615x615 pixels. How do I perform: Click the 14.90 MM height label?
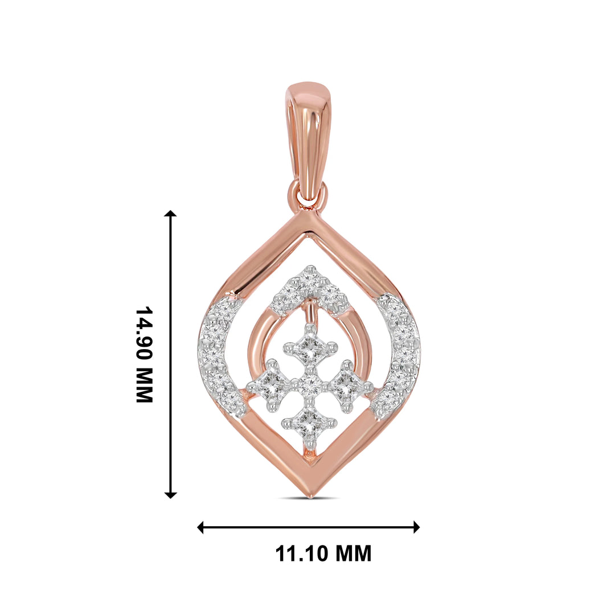click(144, 354)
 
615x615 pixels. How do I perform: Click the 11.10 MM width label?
click(323, 553)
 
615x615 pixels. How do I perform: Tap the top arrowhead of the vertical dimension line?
click(170, 214)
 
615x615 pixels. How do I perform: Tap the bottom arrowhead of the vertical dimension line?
click(170, 495)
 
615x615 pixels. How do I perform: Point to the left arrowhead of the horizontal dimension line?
click(201, 527)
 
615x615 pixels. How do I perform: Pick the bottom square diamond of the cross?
click(309, 423)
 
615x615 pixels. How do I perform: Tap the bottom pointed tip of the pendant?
click(309, 494)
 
